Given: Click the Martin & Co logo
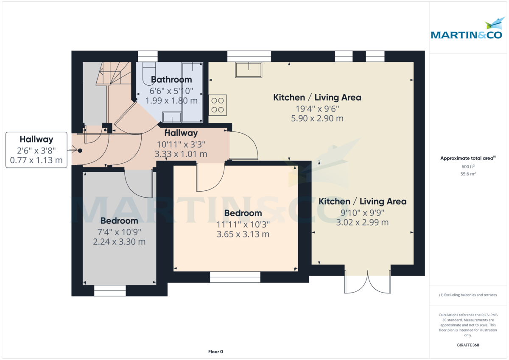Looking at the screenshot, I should pos(467,30).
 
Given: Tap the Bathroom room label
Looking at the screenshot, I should pos(171,79).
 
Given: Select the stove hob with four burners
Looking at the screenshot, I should pos(218,105).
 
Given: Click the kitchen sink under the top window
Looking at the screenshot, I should pos(249,70).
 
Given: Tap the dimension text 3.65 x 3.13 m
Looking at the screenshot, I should pos(243,234).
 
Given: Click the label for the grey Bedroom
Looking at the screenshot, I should pos(119,220).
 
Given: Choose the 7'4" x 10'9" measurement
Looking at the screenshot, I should pos(119,232).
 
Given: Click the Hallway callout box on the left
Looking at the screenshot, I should pos(36,150).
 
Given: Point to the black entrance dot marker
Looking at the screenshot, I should pos(80,150).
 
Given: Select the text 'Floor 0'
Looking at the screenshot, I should pos(215,352).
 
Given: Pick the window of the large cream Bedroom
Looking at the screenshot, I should pos(235,277).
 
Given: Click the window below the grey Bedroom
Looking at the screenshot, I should pos(110,290).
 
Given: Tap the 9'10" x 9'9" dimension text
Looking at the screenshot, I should pos(362,212).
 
